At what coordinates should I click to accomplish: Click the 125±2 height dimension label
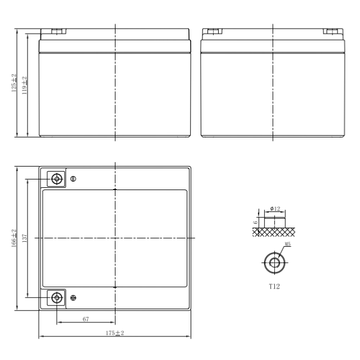[14, 83]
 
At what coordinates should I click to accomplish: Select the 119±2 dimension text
[24, 85]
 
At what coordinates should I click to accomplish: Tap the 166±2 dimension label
[14, 238]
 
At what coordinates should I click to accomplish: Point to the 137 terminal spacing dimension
[24, 238]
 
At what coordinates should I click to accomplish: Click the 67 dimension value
[86, 319]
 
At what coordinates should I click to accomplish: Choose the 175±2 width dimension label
[115, 333]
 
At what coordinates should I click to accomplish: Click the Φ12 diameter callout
[275, 209]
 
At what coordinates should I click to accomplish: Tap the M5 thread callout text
[288, 244]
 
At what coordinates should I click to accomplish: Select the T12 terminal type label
[274, 287]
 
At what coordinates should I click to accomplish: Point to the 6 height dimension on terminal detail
[255, 223]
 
